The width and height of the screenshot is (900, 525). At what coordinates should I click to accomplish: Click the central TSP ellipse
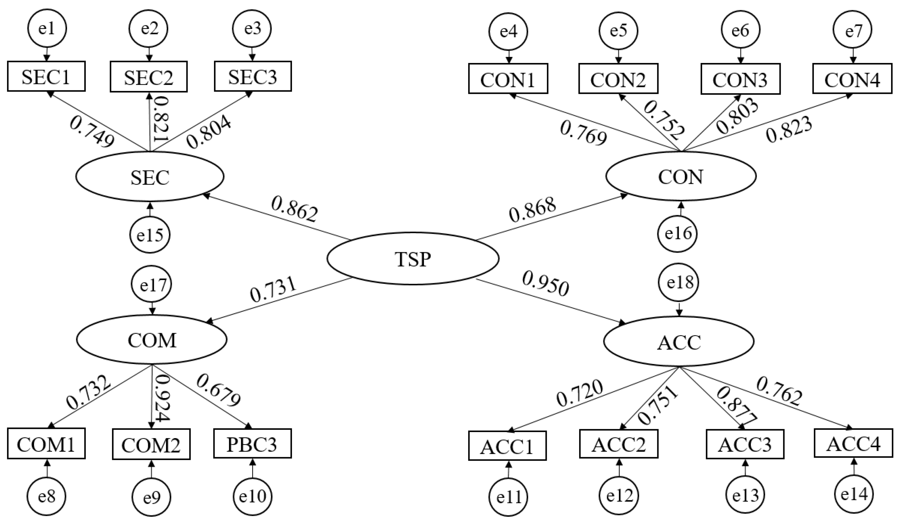(413, 258)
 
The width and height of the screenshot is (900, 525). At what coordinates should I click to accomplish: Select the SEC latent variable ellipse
(150, 177)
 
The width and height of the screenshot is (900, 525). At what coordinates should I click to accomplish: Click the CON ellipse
(681, 177)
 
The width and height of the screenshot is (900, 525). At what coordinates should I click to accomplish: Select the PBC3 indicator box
(253, 444)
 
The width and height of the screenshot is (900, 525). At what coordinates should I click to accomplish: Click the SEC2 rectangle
(149, 76)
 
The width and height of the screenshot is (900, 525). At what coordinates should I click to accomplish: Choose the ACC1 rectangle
(507, 446)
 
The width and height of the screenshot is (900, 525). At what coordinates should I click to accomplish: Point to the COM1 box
(46, 444)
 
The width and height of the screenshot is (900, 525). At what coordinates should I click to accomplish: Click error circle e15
(150, 235)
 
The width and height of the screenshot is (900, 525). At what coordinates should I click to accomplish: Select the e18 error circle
(680, 282)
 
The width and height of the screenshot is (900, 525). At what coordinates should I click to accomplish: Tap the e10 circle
(253, 496)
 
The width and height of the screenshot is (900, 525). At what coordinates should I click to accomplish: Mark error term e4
(508, 31)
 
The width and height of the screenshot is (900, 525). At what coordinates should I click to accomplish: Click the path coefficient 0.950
(545, 284)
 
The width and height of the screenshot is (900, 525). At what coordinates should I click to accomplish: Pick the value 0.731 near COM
(273, 290)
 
